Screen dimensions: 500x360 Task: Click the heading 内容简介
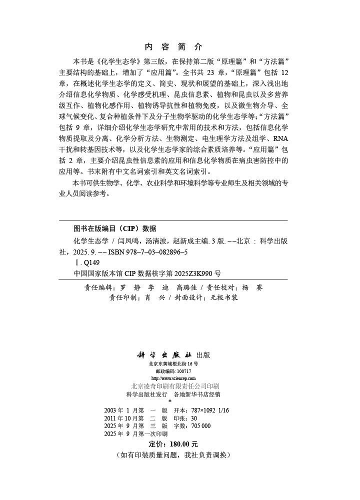tap(173, 47)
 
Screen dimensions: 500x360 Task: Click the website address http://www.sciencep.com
tap(173, 378)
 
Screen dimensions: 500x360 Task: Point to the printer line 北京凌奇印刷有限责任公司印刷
tap(173, 386)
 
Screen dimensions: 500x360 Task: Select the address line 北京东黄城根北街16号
tap(173, 364)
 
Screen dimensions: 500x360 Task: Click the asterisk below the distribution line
tap(170, 401)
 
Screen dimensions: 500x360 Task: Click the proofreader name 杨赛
tap(252, 287)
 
